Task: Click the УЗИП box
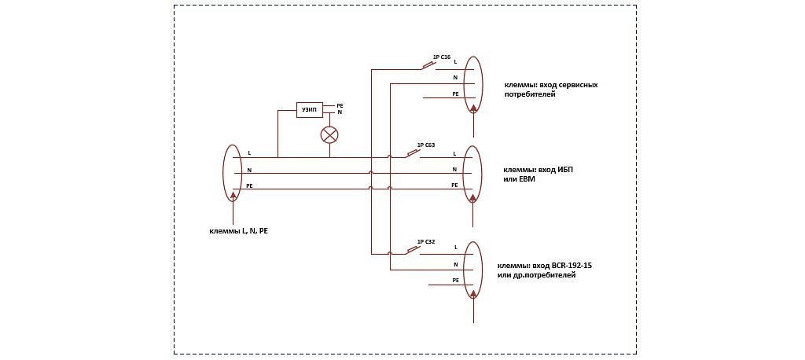309,109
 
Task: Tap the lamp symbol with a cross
329,134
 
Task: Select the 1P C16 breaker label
441,57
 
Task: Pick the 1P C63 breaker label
425,145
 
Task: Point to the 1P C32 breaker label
425,241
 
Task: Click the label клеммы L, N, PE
238,231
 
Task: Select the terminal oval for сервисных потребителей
472,85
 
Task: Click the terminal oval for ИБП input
472,173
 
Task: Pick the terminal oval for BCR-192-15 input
472,270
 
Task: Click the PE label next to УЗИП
340,105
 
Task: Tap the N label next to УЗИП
340,112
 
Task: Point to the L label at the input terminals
249,152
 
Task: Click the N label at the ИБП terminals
454,169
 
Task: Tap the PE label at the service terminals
454,94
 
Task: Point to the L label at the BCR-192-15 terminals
456,248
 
